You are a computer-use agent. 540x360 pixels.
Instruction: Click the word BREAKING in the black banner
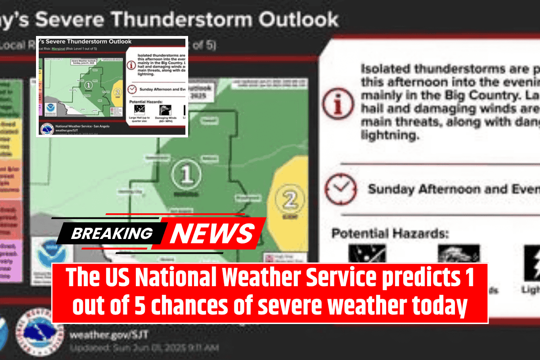[111, 233]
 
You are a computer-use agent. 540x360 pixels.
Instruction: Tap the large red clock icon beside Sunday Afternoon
[341, 188]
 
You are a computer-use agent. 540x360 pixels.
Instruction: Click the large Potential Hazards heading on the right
[390, 233]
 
